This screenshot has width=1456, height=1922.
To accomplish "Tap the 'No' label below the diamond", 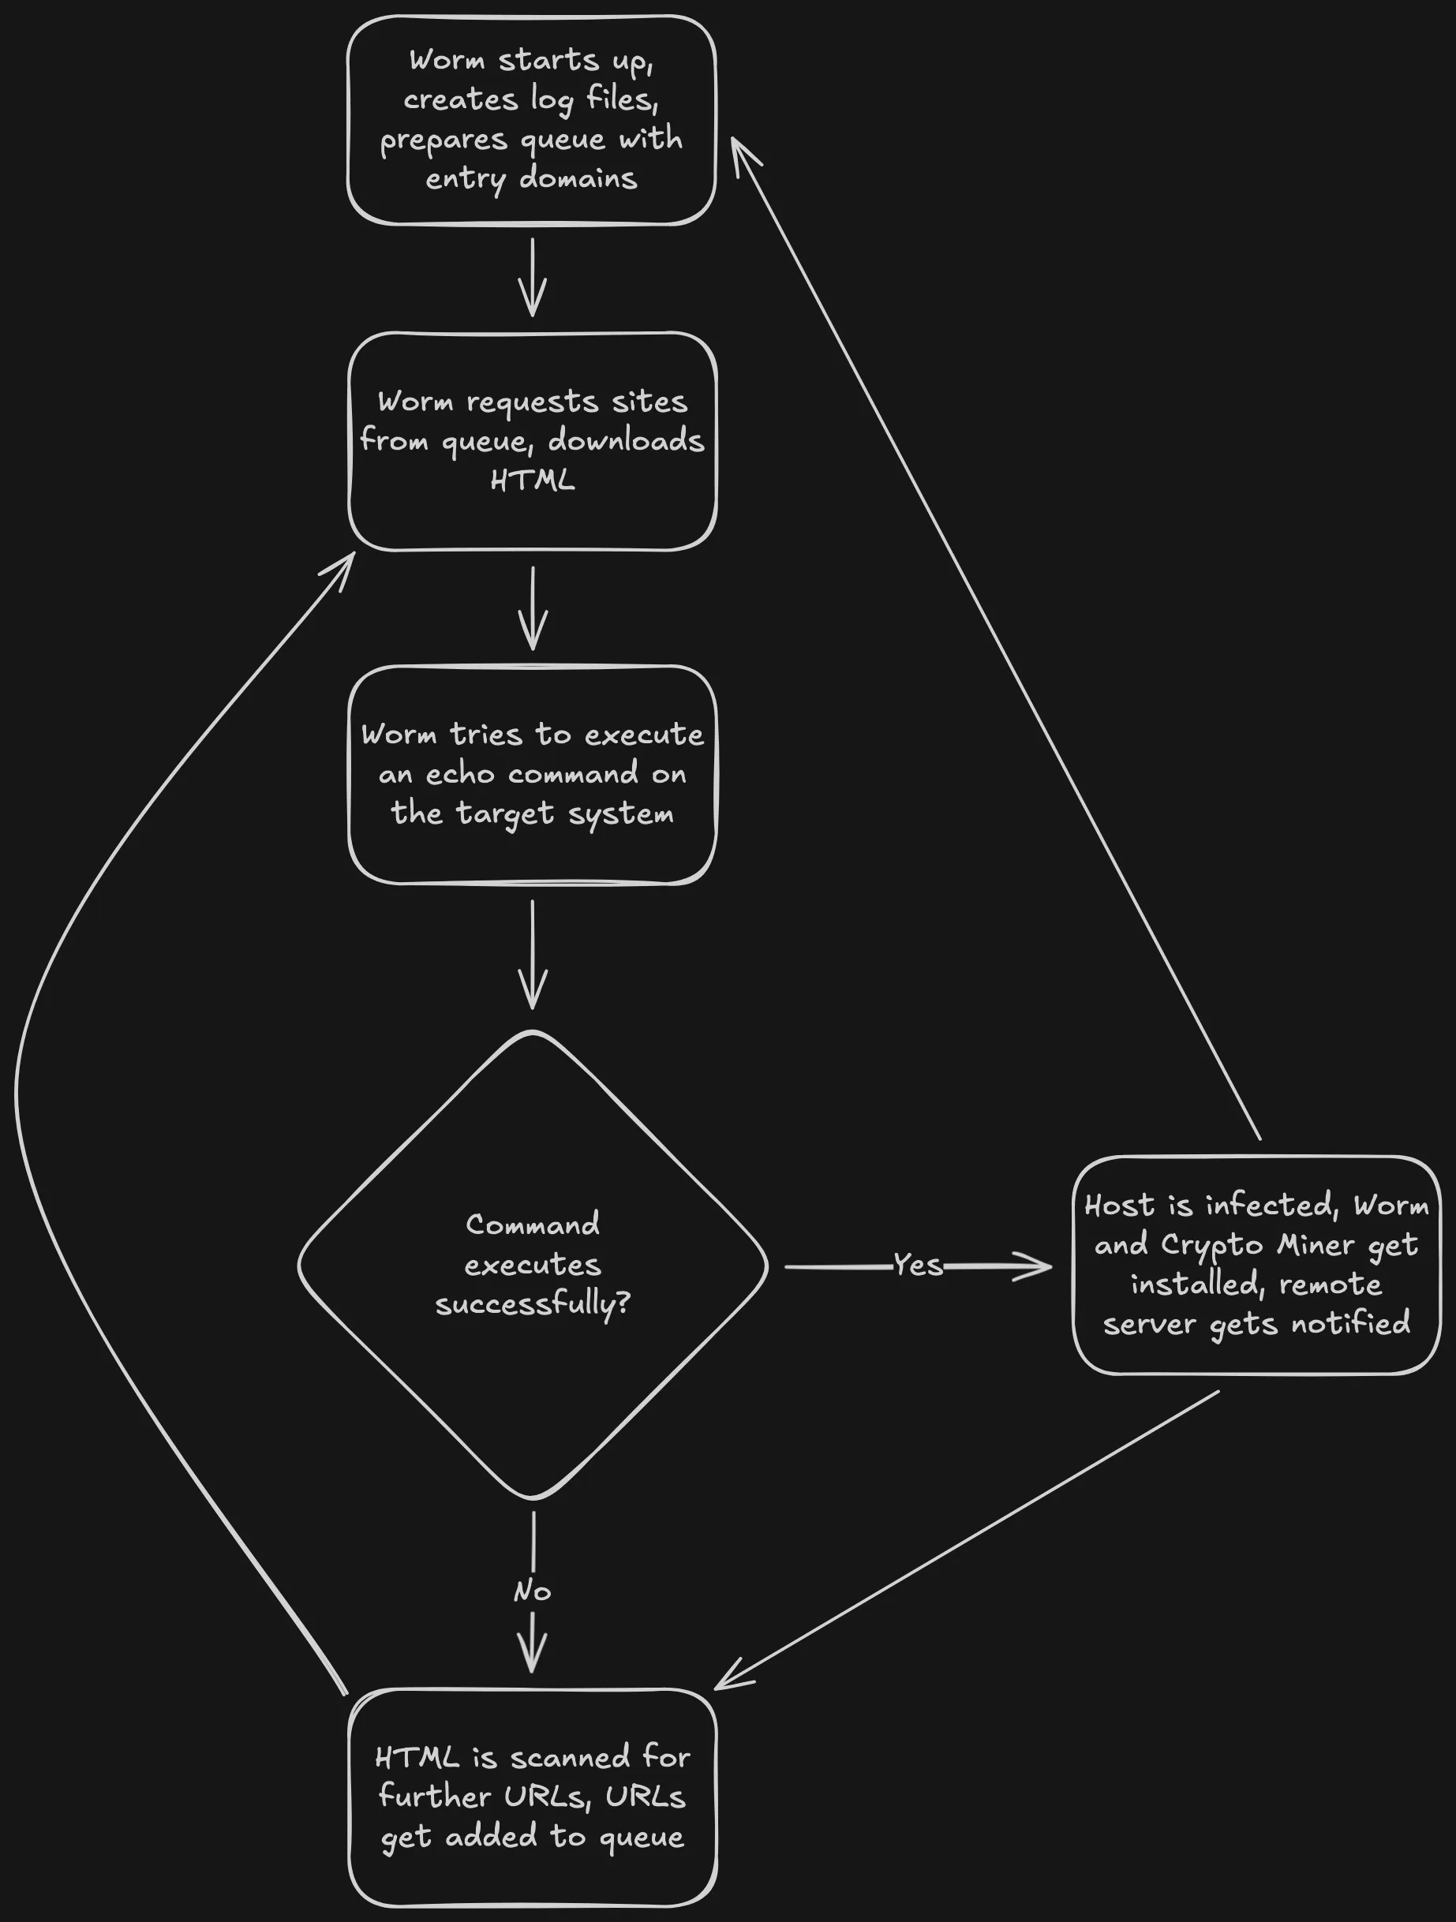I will (532, 1591).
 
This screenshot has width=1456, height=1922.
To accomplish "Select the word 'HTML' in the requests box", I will (532, 480).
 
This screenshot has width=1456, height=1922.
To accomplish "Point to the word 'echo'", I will (459, 773).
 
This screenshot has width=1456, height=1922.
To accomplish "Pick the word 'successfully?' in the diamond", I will (533, 1304).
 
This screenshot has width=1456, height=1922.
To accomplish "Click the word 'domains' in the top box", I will (578, 179).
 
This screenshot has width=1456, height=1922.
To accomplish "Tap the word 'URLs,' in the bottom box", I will (645, 1797).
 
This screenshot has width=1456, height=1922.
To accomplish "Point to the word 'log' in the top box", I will (551, 101).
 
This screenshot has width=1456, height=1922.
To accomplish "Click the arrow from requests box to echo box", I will (532, 608).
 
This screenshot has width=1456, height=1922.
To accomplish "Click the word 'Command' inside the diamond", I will (532, 1225).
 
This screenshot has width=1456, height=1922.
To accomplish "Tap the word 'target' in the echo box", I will (504, 814).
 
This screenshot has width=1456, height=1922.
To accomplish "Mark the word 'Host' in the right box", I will (1120, 1205).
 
